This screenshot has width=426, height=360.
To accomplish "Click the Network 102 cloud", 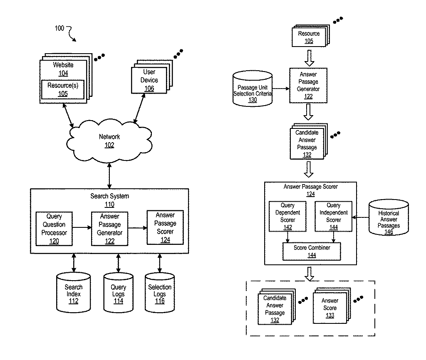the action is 109,141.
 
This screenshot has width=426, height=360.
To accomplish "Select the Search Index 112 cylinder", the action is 73,292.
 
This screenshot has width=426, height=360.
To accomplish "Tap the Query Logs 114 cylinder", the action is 118,292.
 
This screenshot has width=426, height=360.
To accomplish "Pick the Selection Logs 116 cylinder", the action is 160,292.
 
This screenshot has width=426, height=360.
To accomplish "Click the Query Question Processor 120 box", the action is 54,229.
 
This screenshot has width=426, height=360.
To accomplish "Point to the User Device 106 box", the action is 149,80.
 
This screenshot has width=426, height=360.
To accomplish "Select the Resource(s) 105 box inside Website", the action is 63,90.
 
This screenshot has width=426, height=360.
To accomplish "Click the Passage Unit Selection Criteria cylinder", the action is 253,89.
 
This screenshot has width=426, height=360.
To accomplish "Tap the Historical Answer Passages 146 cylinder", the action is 389,217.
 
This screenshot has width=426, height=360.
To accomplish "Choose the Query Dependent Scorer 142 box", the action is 287,217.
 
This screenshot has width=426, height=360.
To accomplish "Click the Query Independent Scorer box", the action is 333,217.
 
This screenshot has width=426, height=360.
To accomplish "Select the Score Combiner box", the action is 312,252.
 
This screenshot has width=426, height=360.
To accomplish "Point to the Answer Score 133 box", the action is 330,308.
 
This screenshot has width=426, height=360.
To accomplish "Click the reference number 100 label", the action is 59,28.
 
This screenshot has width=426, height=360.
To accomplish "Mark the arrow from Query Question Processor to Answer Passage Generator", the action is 82,227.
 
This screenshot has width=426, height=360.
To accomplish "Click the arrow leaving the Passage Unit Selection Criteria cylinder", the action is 281,89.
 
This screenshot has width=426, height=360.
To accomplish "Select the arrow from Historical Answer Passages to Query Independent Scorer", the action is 361,217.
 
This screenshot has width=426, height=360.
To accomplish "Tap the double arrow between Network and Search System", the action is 109,176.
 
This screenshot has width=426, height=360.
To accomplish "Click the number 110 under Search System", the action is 109,205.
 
